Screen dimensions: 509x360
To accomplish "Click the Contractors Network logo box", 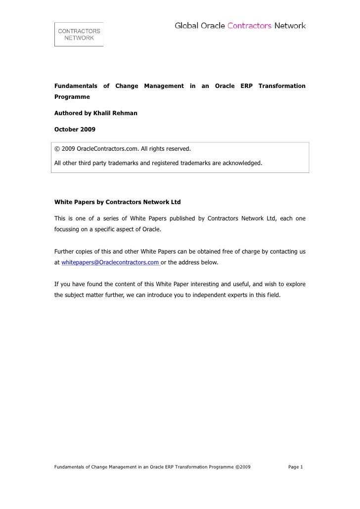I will coord(79,34).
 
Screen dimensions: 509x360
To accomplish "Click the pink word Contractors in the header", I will coord(249,26).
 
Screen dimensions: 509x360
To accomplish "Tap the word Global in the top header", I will coord(186,26).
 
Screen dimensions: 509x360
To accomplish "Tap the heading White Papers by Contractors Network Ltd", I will coord(117,202).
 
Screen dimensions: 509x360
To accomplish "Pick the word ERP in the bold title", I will coord(246,86).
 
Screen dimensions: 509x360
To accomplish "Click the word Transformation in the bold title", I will coord(282,86).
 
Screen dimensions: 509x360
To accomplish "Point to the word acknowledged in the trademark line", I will coord(243,163).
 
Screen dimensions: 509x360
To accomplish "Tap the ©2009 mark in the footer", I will coord(243,467).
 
